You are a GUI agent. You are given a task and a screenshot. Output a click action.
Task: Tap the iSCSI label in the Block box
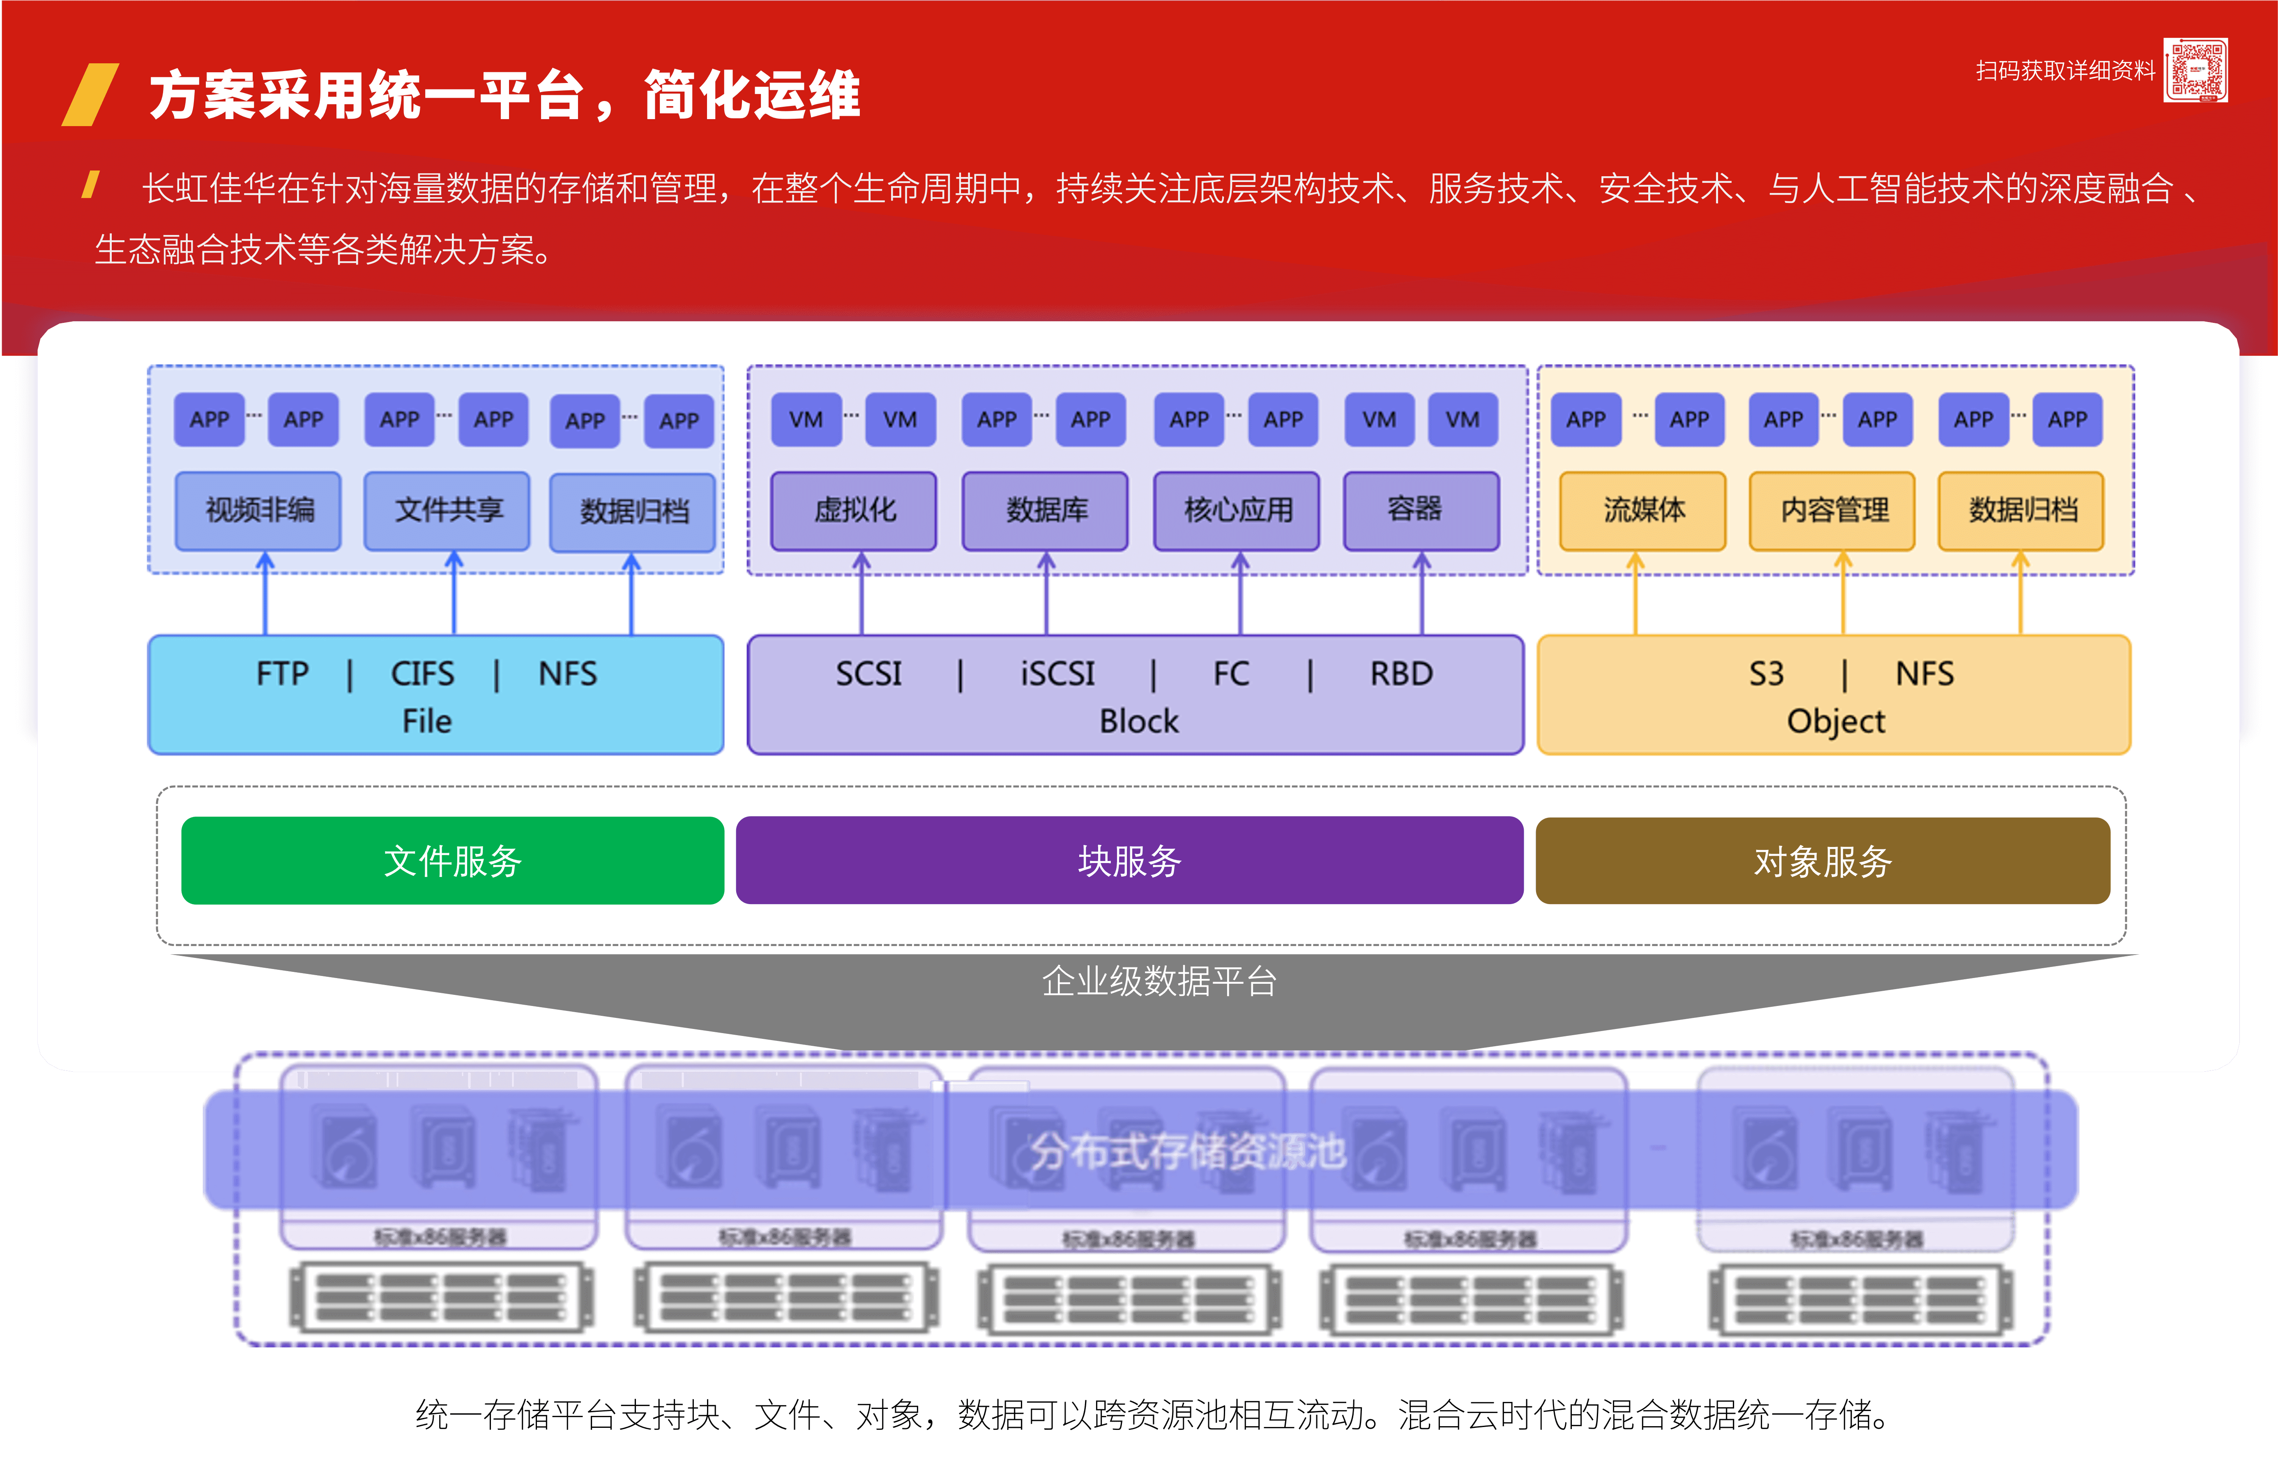click(1057, 674)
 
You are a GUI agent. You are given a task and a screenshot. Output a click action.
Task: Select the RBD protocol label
click(1401, 674)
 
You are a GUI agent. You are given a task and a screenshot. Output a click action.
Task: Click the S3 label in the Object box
click(1765, 674)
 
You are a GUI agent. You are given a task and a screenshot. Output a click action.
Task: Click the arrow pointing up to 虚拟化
click(861, 596)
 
